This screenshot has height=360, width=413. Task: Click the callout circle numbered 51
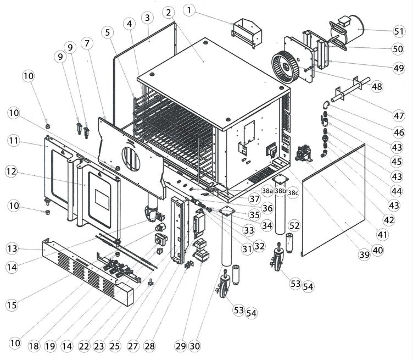click(399, 31)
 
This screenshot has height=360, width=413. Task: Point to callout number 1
click(189, 9)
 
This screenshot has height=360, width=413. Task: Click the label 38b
click(280, 191)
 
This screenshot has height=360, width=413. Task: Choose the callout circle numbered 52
click(294, 225)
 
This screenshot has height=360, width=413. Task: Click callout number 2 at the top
click(168, 12)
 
